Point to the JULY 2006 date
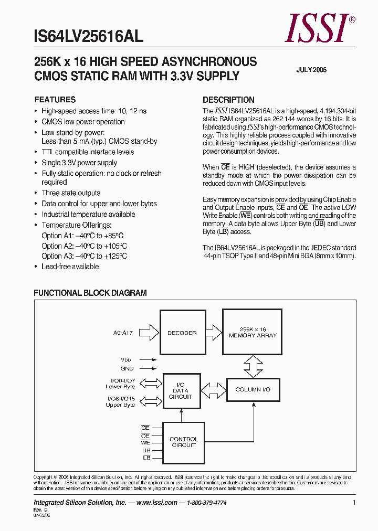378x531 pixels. [x=311, y=70]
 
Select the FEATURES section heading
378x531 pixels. [x=55, y=100]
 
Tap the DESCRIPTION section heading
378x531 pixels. [x=228, y=100]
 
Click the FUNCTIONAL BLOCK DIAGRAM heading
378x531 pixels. [x=90, y=293]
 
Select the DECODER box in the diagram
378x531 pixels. [x=182, y=333]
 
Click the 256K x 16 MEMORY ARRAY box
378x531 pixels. [x=253, y=332]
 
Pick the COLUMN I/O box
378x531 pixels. [x=253, y=390]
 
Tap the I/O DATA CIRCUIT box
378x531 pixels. [x=181, y=391]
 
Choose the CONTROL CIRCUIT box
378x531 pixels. [x=183, y=442]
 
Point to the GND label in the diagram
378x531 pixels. [x=127, y=369]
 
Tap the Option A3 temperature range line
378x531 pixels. [x=84, y=256]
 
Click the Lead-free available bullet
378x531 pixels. [x=70, y=267]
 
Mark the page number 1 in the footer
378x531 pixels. [x=354, y=503]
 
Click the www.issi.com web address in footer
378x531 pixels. [x=156, y=503]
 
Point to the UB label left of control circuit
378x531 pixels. [x=146, y=451]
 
